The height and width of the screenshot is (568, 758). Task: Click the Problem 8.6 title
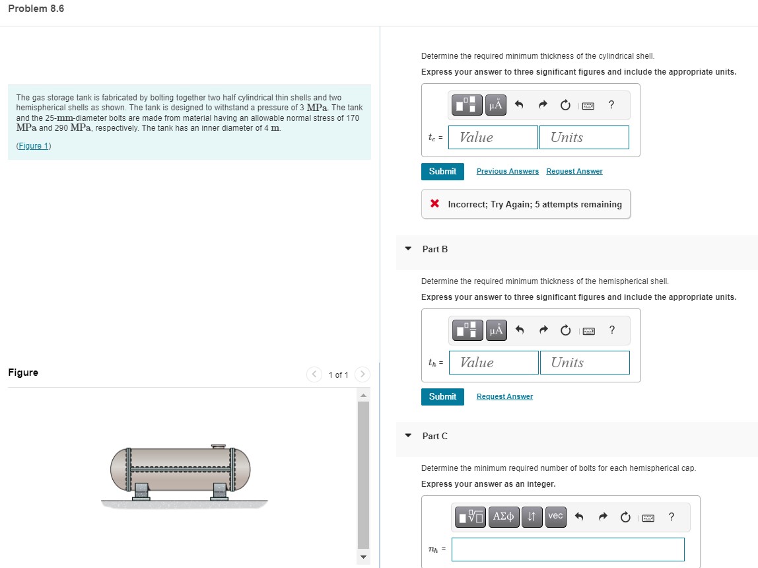(36, 9)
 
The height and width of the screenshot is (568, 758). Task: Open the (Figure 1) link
(34, 146)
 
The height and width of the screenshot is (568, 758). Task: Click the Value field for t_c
(493, 137)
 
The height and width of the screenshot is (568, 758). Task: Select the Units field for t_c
(584, 137)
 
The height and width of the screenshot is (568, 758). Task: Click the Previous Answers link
(507, 172)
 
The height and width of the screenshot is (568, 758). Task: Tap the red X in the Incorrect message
(434, 204)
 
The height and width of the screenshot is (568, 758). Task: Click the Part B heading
(435, 249)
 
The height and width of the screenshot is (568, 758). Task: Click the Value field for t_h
(493, 363)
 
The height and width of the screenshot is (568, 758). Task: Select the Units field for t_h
(584, 363)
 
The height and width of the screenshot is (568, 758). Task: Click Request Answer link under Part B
(504, 397)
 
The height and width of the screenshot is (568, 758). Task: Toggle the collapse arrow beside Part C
(408, 436)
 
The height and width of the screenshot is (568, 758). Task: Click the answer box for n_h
(568, 550)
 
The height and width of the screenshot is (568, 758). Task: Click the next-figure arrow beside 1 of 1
(362, 374)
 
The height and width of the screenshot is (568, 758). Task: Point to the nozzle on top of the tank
(219, 447)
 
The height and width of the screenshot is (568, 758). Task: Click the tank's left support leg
(141, 491)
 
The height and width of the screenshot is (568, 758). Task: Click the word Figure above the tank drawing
(23, 373)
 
